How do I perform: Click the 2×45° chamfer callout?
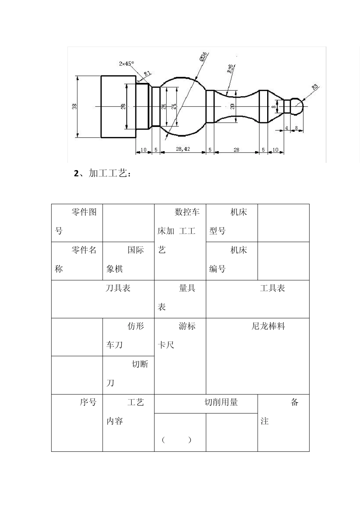pos(126,64)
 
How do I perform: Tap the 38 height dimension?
pos(74,107)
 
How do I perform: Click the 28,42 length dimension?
pos(183,150)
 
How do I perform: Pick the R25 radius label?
pos(230,68)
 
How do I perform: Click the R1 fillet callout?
pos(147,73)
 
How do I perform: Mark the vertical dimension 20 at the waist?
pos(233,106)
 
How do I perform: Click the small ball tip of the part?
pos(298,106)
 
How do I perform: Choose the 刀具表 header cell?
pos(103,298)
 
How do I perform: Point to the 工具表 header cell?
pos(258,298)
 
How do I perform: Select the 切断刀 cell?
pos(128,374)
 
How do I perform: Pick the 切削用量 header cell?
pos(206,403)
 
